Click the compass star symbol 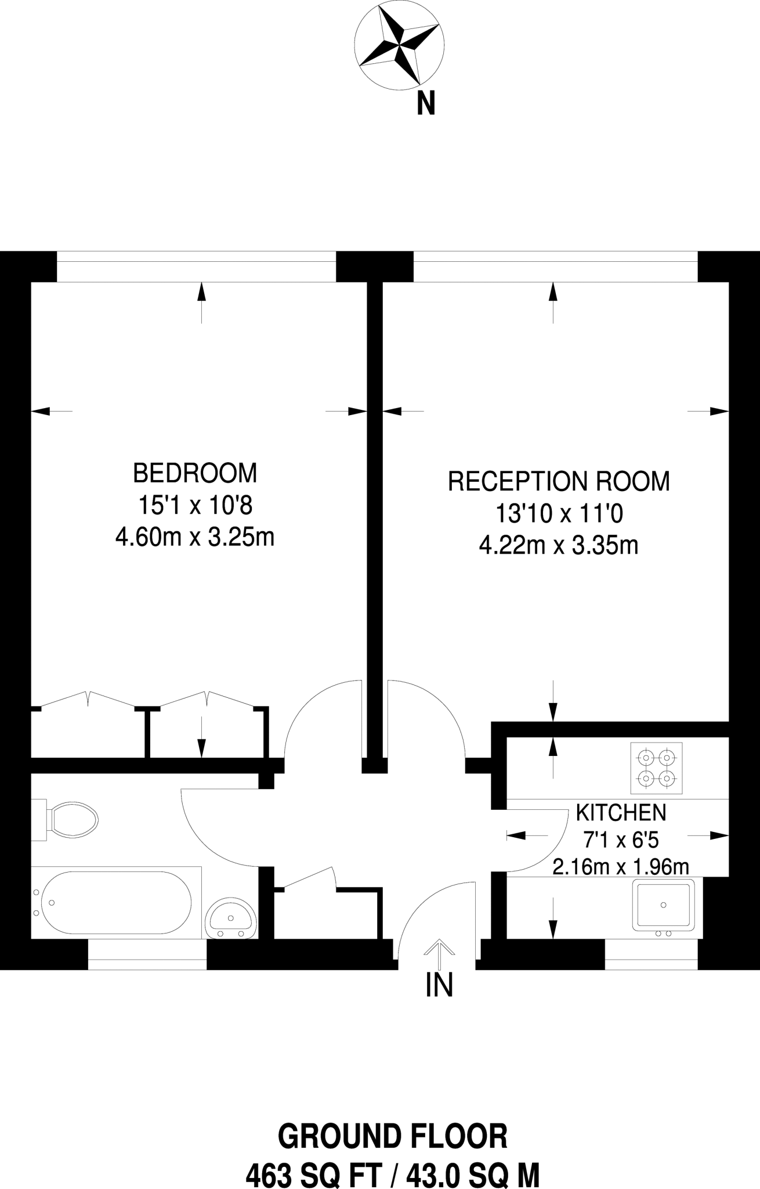click(x=400, y=45)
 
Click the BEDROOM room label click(x=195, y=473)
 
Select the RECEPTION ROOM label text click(x=559, y=482)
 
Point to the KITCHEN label click(x=621, y=813)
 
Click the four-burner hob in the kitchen click(x=657, y=768)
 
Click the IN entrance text click(x=439, y=985)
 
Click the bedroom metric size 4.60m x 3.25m click(x=195, y=538)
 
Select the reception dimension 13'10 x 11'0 click(x=559, y=513)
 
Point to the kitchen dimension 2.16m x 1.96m click(x=621, y=867)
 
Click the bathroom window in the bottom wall click(x=147, y=956)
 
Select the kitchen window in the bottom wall click(x=651, y=956)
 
